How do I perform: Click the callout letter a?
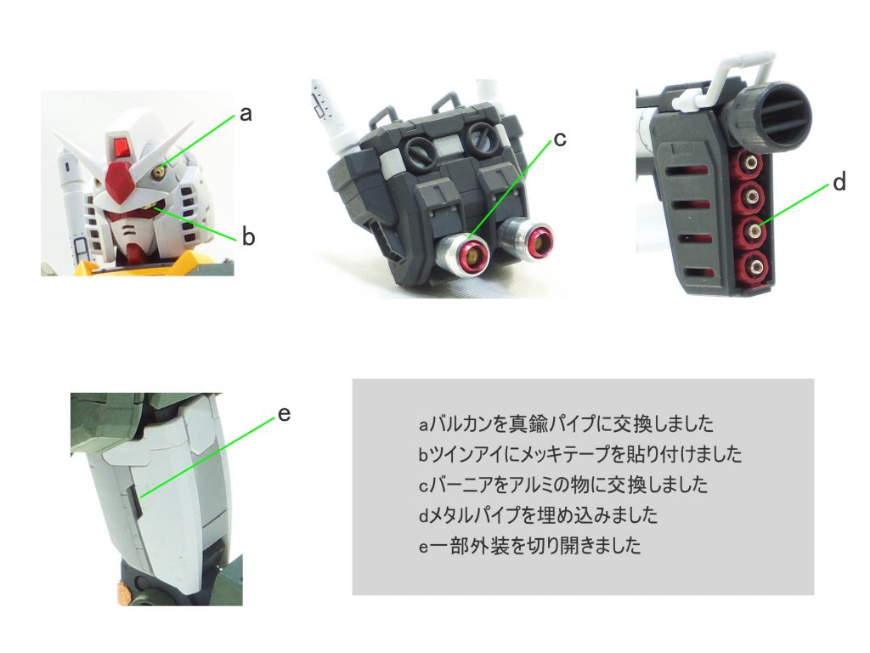click(246, 114)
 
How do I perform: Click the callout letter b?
click(249, 236)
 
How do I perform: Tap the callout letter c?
click(560, 139)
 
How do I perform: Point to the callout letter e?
click(284, 414)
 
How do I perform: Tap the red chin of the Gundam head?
click(135, 253)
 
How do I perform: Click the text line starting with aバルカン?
click(566, 424)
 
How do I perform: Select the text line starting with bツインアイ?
click(579, 454)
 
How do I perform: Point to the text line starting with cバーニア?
click(563, 485)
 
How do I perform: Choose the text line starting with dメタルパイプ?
click(538, 515)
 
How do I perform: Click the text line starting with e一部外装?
click(530, 546)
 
